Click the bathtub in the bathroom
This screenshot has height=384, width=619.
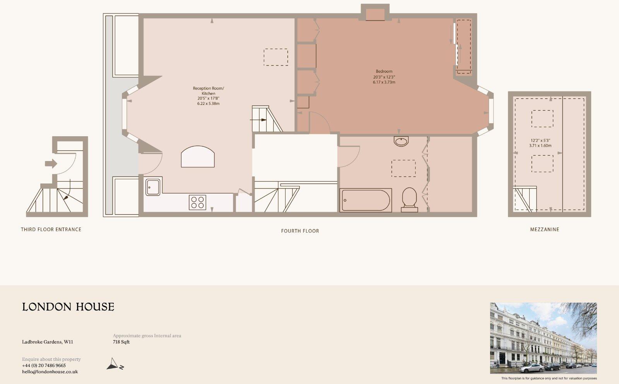366,200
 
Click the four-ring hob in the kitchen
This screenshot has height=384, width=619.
197,202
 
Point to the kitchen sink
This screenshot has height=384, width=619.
153,187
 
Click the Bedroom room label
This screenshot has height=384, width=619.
384,71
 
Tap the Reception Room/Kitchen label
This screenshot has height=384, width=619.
208,91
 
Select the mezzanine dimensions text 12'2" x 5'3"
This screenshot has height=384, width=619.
540,141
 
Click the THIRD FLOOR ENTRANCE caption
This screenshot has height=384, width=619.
51,230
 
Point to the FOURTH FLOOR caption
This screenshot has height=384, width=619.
300,231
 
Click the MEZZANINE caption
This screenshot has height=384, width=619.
544,230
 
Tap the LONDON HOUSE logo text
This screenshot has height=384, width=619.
68,307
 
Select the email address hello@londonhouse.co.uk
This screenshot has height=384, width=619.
50,372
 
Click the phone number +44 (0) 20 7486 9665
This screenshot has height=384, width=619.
44,365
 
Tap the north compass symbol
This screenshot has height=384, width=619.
115,364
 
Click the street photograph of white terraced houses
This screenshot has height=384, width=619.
543,338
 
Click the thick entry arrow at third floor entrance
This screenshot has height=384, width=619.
51,164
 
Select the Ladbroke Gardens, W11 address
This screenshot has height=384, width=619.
47,342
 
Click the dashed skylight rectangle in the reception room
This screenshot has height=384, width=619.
275,57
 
